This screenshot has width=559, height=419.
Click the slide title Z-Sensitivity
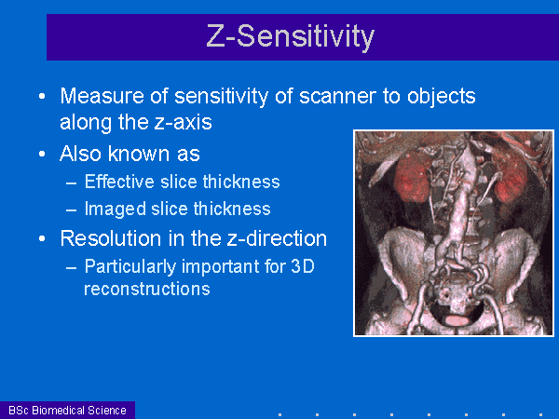click(290, 37)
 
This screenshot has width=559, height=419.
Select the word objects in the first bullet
click(442, 97)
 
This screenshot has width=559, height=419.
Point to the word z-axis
click(183, 122)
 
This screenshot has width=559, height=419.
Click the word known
click(139, 154)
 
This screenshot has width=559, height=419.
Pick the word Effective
click(120, 182)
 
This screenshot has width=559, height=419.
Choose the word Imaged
click(116, 209)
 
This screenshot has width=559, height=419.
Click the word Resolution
click(111, 238)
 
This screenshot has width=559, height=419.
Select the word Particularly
click(130, 267)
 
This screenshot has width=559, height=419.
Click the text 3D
click(303, 266)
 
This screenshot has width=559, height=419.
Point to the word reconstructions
click(147, 289)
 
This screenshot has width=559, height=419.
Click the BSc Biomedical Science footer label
click(67, 411)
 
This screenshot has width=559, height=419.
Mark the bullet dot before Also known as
click(42, 154)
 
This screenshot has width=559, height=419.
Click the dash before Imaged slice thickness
click(72, 210)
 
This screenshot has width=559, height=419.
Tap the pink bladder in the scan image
click(457, 320)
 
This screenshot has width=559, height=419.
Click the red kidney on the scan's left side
click(413, 174)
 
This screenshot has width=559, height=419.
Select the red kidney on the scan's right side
click(511, 179)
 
